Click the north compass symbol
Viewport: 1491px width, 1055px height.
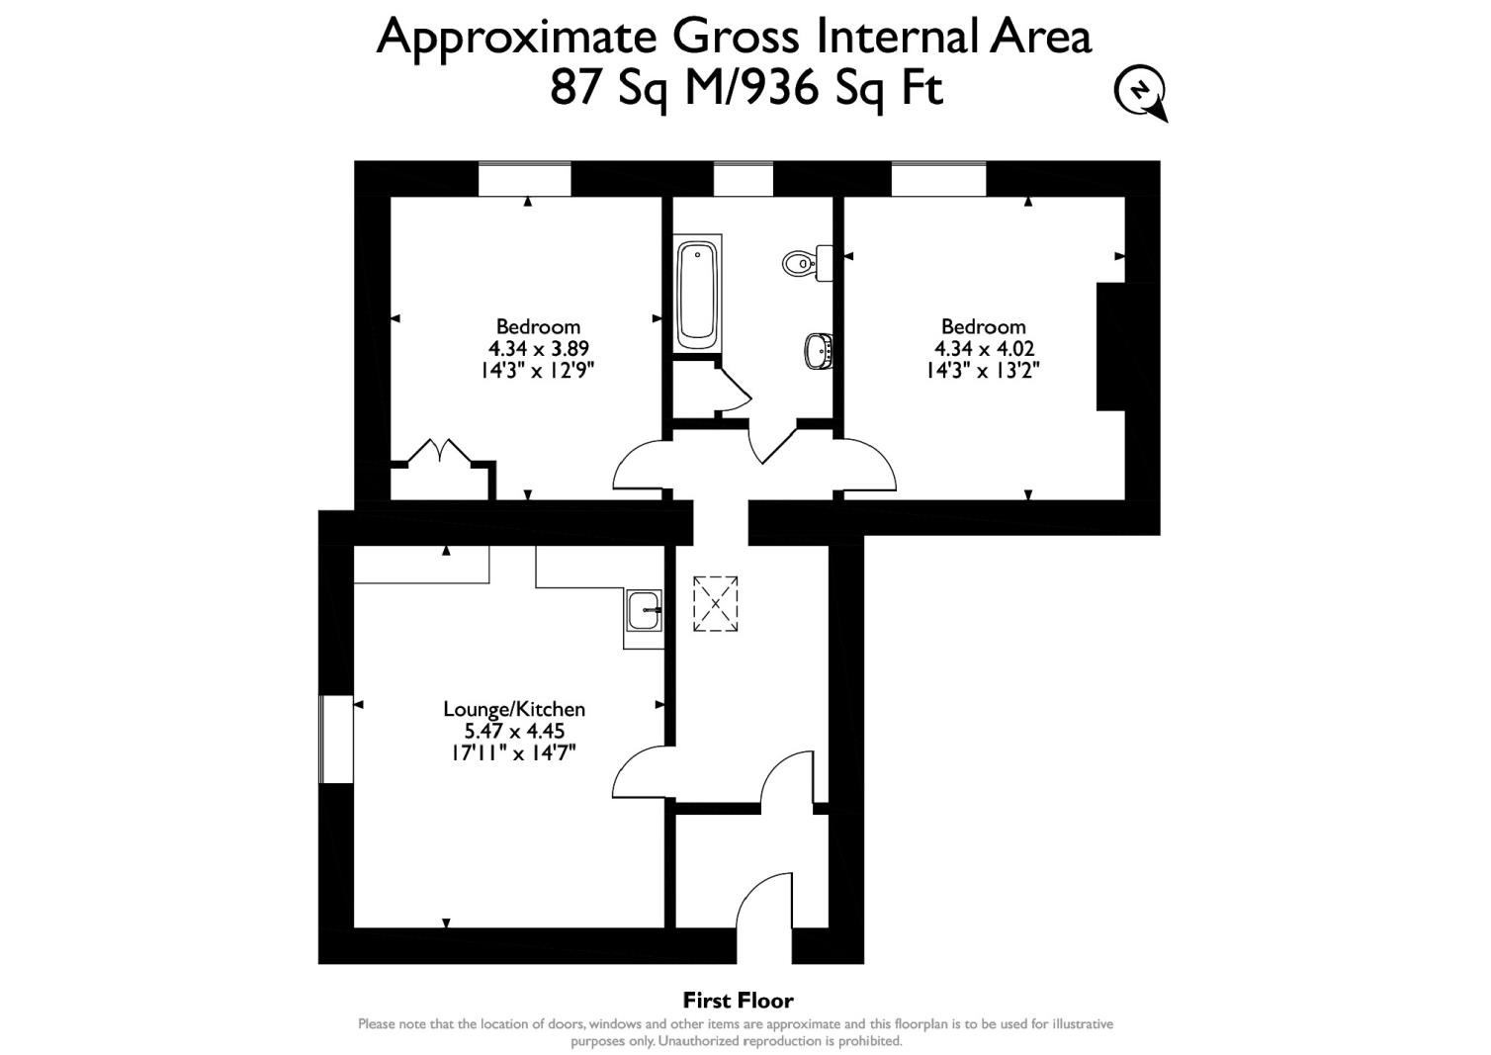(1141, 92)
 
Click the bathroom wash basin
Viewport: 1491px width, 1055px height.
(819, 350)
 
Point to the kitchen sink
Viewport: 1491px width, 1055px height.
(645, 611)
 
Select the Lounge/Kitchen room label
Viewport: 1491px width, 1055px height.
(514, 709)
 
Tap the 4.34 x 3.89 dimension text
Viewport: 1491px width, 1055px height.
(538, 348)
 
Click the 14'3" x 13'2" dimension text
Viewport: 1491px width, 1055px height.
(983, 371)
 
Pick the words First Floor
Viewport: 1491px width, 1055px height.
(738, 1001)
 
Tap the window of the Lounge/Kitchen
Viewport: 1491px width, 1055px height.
(335, 740)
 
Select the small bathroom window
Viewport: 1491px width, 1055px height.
(744, 179)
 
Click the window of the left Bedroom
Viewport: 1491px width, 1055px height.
(525, 179)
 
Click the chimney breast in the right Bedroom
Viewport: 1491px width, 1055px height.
(1111, 346)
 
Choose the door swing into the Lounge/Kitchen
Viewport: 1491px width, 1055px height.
(640, 771)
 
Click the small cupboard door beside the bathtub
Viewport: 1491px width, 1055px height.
(732, 388)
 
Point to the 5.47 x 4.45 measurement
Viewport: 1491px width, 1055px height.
(514, 732)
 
